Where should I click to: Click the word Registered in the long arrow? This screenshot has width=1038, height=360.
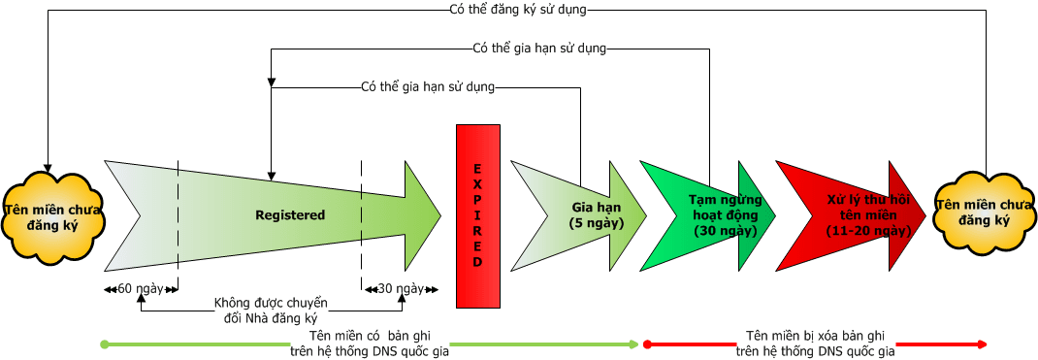pyautogui.click(x=290, y=214)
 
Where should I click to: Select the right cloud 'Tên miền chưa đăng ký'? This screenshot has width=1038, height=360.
pyautogui.click(x=982, y=213)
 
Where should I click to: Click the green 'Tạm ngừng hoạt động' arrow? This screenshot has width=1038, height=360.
pyautogui.click(x=718, y=215)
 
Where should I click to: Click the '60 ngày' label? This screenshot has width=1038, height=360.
pyautogui.click(x=141, y=288)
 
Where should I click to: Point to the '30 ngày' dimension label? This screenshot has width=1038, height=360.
pyautogui.click(x=401, y=288)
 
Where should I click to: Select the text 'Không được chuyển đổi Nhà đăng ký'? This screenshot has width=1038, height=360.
pyautogui.click(x=271, y=311)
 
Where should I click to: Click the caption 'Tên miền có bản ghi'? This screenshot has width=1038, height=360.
pyautogui.click(x=369, y=336)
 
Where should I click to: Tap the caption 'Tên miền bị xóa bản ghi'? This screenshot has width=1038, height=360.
pyautogui.click(x=816, y=336)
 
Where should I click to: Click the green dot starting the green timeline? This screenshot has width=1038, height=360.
pyautogui.click(x=105, y=344)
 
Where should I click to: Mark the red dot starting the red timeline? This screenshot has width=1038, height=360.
pyautogui.click(x=647, y=344)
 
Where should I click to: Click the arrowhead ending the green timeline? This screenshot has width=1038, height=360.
pyautogui.click(x=634, y=344)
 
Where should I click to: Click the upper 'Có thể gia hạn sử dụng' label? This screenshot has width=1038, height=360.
pyautogui.click(x=538, y=48)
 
